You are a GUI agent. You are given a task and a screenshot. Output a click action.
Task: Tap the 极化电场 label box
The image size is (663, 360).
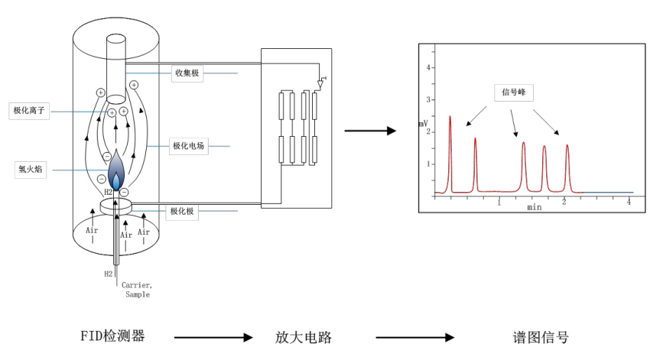(x=187, y=145)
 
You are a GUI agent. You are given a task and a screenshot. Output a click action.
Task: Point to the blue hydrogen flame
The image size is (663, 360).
(x=115, y=170)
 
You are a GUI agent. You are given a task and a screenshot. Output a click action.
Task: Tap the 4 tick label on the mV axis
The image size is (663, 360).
(x=430, y=68)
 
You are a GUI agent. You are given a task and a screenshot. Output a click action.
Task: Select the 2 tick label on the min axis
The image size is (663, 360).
(x=564, y=202)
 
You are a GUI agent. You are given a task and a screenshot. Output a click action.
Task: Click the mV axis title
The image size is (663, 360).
(x=424, y=123)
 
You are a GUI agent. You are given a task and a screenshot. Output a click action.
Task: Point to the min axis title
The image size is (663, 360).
(x=535, y=208)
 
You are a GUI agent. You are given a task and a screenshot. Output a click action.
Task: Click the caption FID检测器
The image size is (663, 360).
(x=112, y=336)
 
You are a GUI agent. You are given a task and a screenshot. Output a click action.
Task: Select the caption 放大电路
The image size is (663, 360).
(x=304, y=337)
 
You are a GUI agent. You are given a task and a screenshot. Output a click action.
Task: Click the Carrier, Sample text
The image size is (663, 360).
(x=137, y=290)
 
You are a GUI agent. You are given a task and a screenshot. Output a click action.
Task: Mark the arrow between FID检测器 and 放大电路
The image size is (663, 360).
(x=213, y=337)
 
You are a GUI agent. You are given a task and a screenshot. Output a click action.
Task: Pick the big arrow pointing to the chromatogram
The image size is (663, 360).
(x=370, y=131)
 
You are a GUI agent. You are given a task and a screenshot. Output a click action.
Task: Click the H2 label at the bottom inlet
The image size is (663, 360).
(x=109, y=273)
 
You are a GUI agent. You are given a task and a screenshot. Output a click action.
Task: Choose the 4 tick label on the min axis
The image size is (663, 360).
(x=629, y=202)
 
